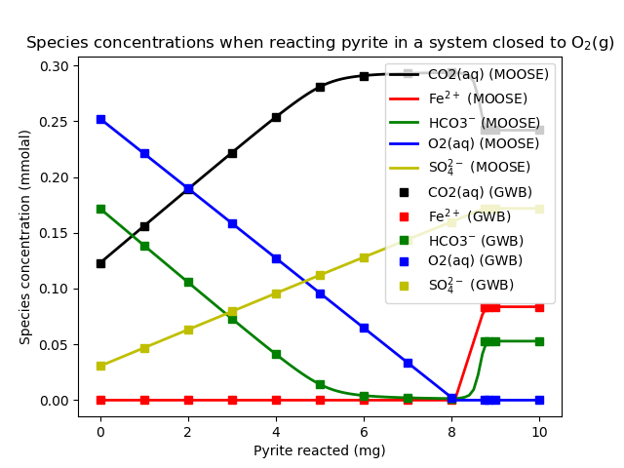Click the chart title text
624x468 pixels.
click(320, 43)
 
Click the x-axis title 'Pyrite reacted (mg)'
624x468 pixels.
click(320, 450)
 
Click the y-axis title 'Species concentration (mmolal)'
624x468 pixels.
click(25, 237)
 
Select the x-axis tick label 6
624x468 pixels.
click(364, 431)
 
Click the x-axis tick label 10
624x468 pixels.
click(539, 431)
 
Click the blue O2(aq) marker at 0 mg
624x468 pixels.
click(100, 119)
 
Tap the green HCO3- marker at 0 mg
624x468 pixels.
click(100, 209)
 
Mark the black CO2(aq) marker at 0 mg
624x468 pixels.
click(100, 263)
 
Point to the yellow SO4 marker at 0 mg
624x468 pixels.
click(100, 366)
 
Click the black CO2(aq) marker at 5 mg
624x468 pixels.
click(320, 87)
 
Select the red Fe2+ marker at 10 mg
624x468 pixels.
click(539, 307)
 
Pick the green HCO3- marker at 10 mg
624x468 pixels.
click(539, 341)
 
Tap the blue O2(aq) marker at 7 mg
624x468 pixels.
click(408, 363)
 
